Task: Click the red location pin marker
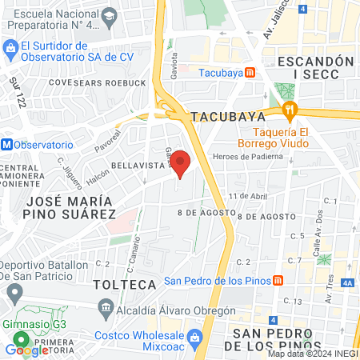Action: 181,163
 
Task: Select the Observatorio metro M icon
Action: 6,145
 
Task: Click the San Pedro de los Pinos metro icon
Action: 278,280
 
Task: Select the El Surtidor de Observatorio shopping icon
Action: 10,52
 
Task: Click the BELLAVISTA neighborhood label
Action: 137,165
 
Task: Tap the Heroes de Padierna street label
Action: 247,156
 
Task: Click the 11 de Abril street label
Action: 246,196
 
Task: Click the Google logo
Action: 27,350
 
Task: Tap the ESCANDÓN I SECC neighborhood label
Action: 314,67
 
